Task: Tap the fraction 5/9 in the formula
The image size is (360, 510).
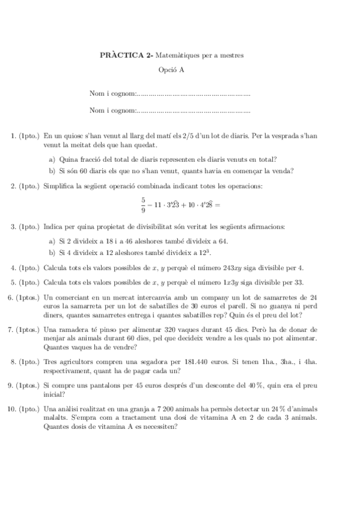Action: tap(143, 204)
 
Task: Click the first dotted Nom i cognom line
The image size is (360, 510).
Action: tap(193, 94)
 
